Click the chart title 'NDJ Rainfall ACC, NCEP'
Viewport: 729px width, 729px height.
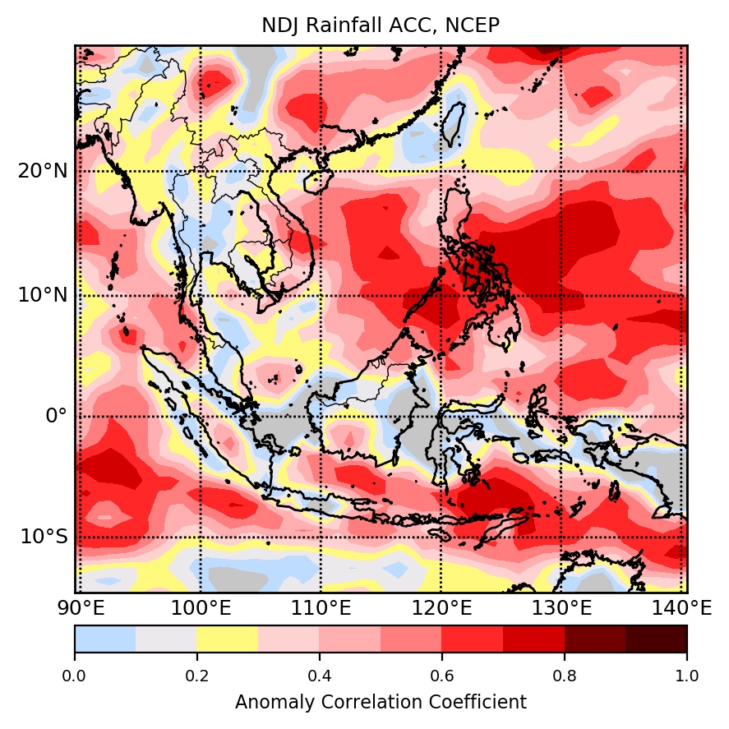(381, 26)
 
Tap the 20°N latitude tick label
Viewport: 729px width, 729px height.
(44, 172)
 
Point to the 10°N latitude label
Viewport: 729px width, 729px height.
(44, 295)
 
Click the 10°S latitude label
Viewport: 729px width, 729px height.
(44, 537)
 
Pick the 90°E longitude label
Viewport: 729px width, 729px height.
(80, 609)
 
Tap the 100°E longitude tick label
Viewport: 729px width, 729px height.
(201, 609)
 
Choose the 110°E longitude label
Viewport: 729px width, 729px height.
(321, 609)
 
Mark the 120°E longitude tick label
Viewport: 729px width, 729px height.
(441, 609)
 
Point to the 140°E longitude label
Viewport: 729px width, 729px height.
(682, 609)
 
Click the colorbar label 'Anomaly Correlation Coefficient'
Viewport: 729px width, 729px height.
(381, 703)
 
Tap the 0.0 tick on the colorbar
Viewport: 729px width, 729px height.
(75, 676)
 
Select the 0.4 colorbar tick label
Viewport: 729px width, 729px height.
(320, 676)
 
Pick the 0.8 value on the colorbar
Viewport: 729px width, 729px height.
(565, 676)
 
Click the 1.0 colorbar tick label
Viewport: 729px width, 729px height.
(686, 676)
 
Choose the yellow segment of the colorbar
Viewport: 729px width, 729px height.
(228, 639)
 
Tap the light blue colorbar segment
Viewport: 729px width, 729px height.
(105, 639)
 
